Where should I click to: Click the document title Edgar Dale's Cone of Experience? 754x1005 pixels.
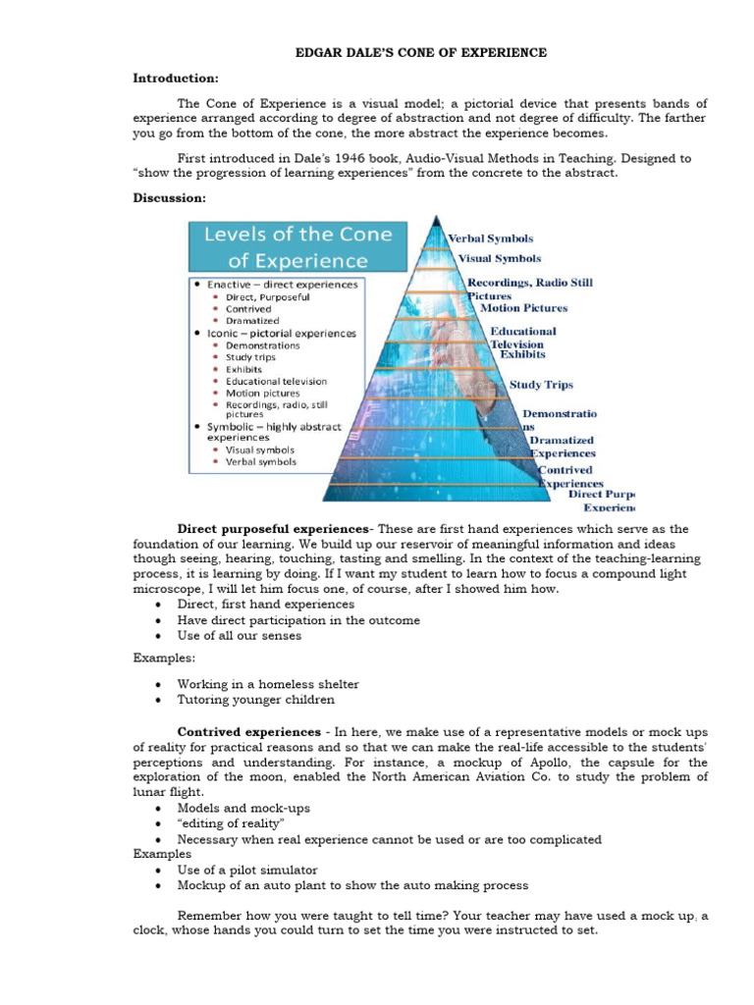tap(421, 52)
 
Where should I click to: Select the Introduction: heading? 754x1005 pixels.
tap(176, 78)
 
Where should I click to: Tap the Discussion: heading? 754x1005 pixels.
tap(170, 197)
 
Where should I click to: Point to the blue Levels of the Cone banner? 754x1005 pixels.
tap(296, 247)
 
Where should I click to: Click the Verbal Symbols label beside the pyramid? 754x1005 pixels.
tap(491, 238)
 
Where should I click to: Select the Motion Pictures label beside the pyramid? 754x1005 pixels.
tap(523, 307)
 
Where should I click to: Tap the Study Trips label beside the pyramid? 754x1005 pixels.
tap(541, 385)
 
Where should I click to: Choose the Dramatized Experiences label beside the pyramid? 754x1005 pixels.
tap(563, 447)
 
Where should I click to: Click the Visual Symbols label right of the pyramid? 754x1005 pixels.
tap(500, 259)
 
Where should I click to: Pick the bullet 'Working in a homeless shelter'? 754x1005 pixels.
tap(267, 684)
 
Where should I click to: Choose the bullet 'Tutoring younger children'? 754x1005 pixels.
tap(255, 700)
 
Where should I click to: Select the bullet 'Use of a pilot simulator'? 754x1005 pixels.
tap(246, 870)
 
